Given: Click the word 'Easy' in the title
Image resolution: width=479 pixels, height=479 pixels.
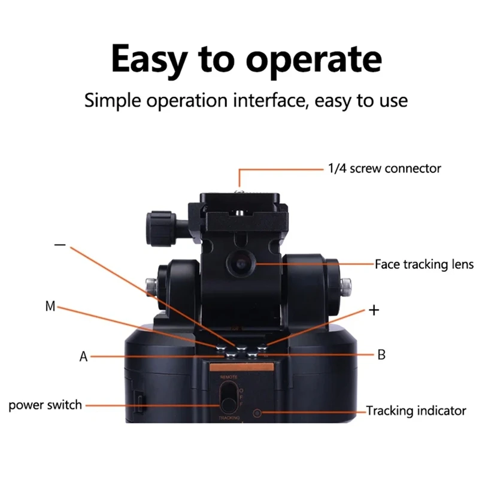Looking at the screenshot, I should click(153, 60).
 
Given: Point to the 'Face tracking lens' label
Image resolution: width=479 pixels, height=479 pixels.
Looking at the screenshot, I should click(424, 264).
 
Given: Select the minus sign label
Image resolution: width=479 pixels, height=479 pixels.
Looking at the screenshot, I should click(60, 245).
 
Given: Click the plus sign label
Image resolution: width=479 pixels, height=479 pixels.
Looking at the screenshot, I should click(374, 310).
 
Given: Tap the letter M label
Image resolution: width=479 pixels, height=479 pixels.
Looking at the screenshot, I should click(50, 307).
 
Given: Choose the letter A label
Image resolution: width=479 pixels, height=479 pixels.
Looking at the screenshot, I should click(84, 357).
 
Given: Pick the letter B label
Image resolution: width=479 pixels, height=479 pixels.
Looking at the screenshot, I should click(381, 355).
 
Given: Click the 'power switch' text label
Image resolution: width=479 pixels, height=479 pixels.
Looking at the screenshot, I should click(45, 405).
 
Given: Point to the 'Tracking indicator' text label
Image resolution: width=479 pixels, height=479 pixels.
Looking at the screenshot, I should click(416, 411).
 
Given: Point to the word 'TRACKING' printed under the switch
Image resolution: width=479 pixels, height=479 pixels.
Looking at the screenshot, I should click(229, 417).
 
